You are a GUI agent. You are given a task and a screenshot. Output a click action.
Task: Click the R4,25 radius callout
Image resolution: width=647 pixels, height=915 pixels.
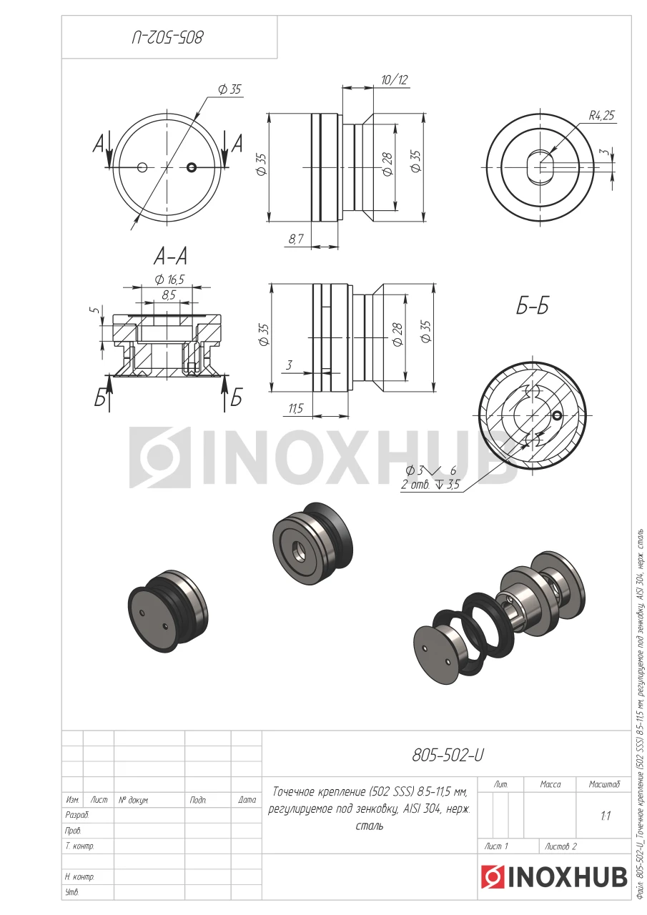(x=601, y=116)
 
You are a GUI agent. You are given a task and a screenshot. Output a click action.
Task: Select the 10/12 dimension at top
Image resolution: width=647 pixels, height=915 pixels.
(x=395, y=79)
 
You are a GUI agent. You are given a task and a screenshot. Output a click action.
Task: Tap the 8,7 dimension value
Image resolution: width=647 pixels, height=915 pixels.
(x=296, y=238)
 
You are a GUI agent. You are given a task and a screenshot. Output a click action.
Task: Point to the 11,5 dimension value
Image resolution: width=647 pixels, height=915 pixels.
(x=296, y=408)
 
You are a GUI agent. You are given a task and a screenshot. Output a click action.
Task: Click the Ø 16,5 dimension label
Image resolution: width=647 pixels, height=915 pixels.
(x=169, y=280)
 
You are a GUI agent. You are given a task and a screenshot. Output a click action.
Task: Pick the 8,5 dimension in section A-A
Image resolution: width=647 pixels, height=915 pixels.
(x=168, y=295)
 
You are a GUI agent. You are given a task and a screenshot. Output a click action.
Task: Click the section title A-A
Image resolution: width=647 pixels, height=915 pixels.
(x=170, y=257)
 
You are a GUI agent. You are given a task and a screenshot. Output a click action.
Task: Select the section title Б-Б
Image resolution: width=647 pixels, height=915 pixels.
(x=532, y=307)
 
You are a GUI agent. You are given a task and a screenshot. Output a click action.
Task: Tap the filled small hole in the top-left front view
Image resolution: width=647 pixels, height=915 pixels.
(x=192, y=167)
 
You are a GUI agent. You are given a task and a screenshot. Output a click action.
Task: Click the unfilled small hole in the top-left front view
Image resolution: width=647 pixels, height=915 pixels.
(x=142, y=167)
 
